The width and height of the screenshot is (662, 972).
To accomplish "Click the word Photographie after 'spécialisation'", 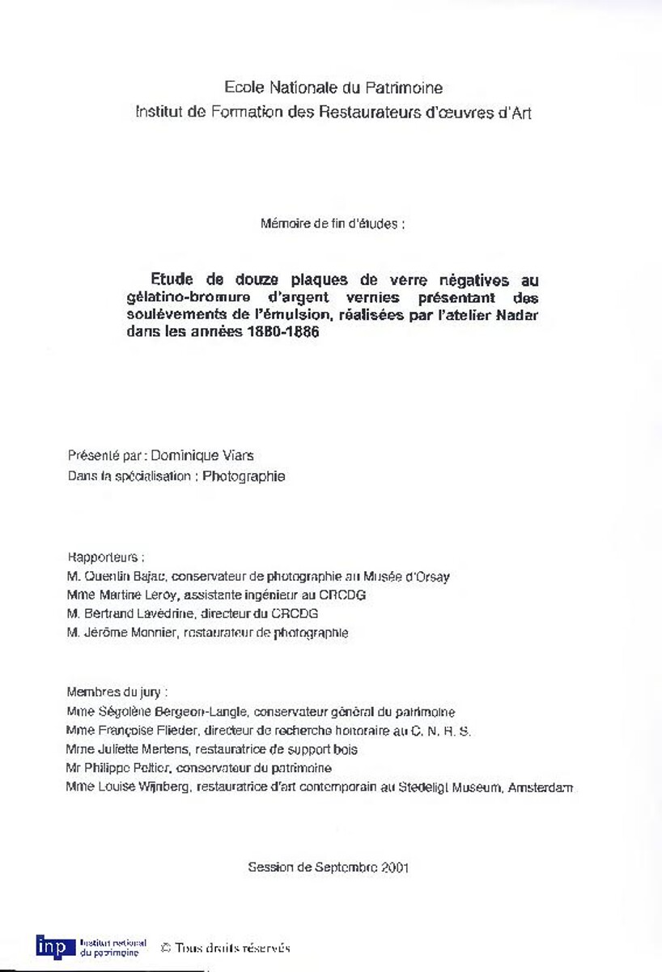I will (x=244, y=476).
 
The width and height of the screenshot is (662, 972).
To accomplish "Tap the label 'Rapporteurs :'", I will (x=106, y=558).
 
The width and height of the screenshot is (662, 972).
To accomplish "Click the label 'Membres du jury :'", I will (x=117, y=693).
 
